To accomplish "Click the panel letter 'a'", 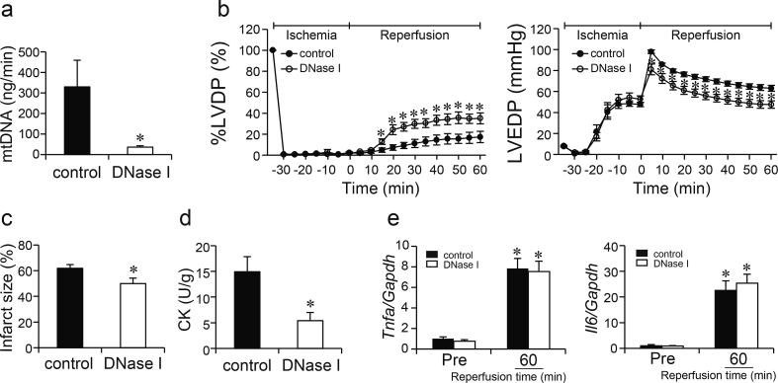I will point(9,11).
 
